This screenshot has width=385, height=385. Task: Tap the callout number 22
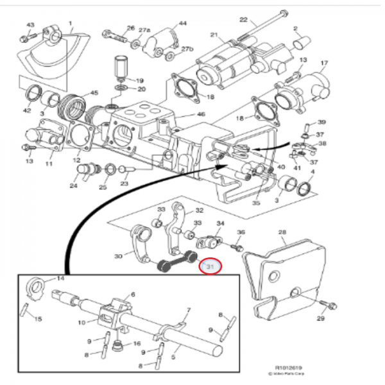click(x=243, y=20)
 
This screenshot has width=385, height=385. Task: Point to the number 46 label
click(x=201, y=115)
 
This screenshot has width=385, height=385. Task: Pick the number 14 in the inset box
click(x=61, y=278)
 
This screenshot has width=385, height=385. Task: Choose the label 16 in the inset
click(x=136, y=344)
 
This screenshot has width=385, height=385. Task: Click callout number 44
click(x=183, y=24)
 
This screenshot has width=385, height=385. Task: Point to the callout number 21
click(x=214, y=35)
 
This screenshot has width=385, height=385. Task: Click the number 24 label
click(x=73, y=187)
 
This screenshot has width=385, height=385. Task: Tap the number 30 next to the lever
click(x=117, y=257)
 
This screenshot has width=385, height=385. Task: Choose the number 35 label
click(x=256, y=203)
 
